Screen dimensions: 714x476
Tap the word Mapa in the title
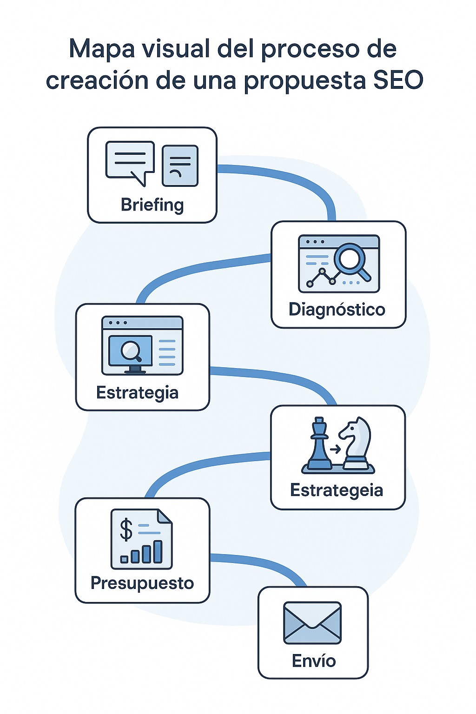[x=98, y=48]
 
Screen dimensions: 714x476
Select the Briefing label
[x=152, y=205]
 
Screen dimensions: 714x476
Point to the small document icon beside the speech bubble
[x=180, y=165]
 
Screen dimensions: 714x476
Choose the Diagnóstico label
[x=337, y=309]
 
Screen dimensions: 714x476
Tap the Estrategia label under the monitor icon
[x=137, y=393]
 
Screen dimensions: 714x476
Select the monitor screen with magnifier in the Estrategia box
[x=131, y=351]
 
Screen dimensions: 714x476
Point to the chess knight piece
[x=356, y=442]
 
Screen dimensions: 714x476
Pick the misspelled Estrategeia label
[x=337, y=490]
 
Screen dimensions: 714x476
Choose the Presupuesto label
[x=142, y=583]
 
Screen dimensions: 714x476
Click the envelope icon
[x=312, y=623]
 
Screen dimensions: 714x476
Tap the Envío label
[x=314, y=661]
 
